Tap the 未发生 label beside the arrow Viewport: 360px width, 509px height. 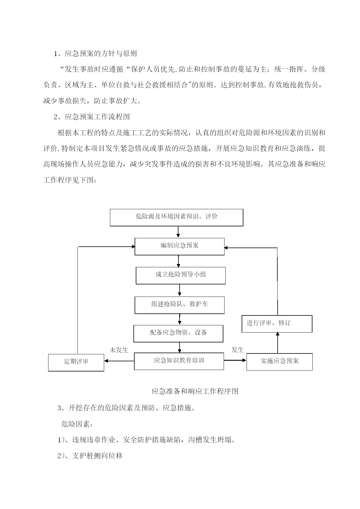119,350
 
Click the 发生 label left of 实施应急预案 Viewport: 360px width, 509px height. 238,350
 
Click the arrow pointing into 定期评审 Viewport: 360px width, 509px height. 119,361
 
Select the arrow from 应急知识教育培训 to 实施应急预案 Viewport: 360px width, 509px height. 235,360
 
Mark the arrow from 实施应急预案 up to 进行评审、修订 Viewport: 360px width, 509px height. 278,343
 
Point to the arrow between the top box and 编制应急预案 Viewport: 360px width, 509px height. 178,232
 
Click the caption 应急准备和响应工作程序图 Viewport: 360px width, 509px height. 195,391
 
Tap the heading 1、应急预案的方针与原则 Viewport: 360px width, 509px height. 95,53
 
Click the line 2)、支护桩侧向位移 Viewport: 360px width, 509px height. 90,456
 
